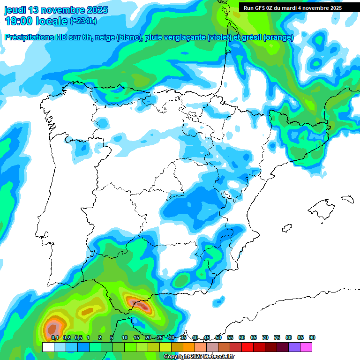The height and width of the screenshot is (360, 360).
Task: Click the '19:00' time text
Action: coord(20,21)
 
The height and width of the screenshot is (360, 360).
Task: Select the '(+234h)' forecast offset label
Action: coord(83,21)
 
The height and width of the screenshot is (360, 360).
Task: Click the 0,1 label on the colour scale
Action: coord(54,337)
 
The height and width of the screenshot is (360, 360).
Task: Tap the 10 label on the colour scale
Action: coord(124,337)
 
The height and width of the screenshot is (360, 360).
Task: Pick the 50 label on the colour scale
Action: coord(218,337)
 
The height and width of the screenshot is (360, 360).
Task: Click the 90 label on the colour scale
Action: coord(312,337)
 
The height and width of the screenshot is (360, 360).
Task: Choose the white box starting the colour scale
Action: coord(48,347)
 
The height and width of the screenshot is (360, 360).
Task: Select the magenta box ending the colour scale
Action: coord(306,347)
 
